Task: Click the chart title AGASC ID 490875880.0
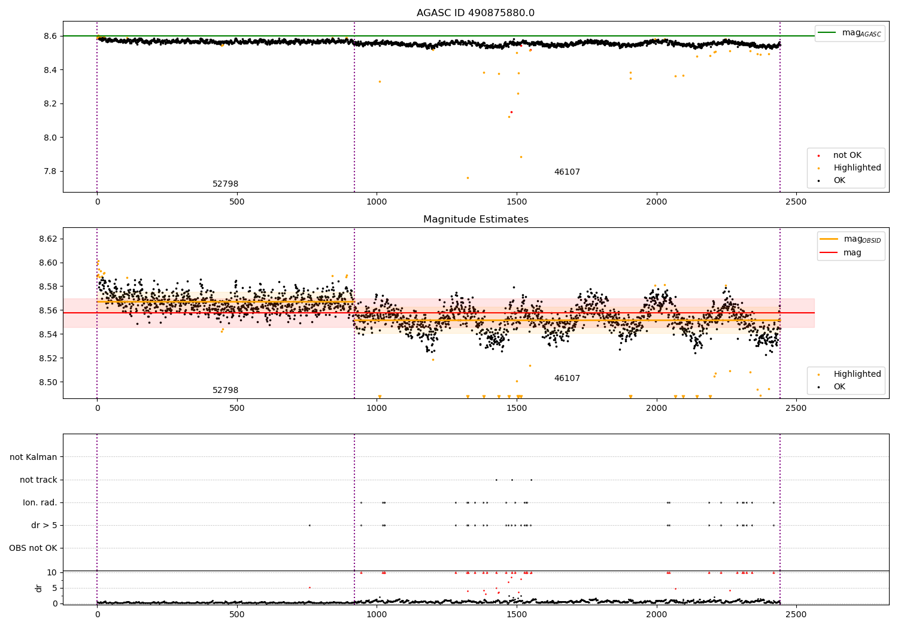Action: [475, 13]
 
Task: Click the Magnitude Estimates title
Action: [475, 220]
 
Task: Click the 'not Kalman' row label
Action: [34, 457]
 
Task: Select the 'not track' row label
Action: [38, 480]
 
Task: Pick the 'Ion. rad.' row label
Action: [40, 502]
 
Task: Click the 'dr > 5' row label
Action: [44, 525]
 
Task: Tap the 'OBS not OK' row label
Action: [34, 548]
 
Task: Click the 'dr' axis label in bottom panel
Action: [39, 588]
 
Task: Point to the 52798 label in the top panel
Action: [225, 184]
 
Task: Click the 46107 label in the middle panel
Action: [567, 379]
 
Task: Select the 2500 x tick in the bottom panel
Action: [796, 614]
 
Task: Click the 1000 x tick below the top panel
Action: [377, 202]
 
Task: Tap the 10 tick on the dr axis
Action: [51, 572]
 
